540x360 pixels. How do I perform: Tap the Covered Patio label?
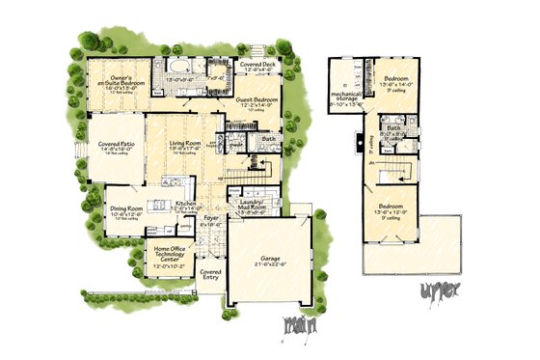tap(116, 144)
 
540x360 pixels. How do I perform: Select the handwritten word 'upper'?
tap(441, 290)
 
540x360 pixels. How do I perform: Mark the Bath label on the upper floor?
tap(393, 127)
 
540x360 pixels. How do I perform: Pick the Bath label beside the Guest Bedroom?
tap(267, 138)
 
